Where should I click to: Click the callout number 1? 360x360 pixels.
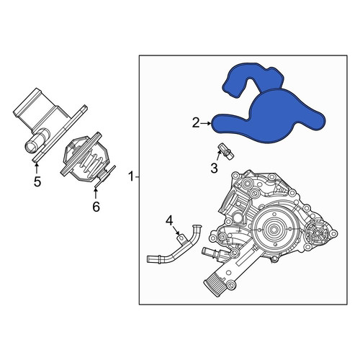click(131, 176)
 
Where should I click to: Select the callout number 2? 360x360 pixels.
click(196, 123)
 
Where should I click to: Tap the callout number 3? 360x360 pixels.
click(214, 168)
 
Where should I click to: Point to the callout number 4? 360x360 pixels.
click(169, 221)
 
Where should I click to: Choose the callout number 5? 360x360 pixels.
click(37, 181)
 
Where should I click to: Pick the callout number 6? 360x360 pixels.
click(96, 207)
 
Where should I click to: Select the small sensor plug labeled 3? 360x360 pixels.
click(226, 152)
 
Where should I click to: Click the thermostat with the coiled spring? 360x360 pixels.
click(88, 158)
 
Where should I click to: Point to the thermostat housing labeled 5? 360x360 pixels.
click(49, 125)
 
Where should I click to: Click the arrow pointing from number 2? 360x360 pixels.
click(206, 123)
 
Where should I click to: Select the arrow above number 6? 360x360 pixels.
click(96, 193)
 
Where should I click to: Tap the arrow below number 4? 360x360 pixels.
click(176, 230)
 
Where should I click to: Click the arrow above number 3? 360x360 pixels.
click(218, 156)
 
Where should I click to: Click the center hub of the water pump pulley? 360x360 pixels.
click(274, 229)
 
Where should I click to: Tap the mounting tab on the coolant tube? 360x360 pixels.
click(181, 238)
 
